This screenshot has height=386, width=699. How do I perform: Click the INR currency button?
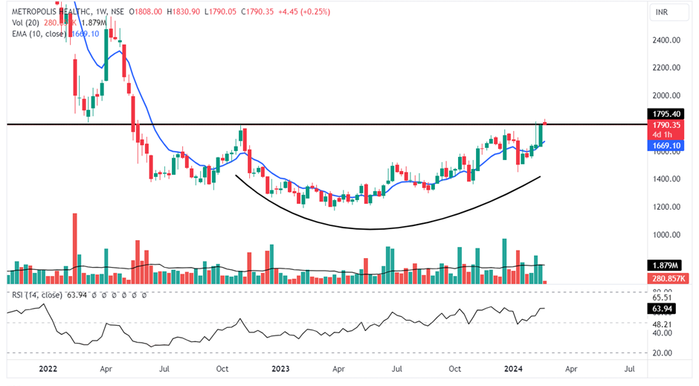click(x=660, y=13)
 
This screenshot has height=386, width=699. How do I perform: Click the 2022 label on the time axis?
click(x=48, y=368)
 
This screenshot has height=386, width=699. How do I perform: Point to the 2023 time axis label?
click(x=280, y=368)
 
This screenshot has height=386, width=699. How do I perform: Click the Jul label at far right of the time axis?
click(x=629, y=368)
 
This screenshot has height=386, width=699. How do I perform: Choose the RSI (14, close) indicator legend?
click(x=36, y=295)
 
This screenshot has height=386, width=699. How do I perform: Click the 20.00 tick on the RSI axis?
click(x=654, y=353)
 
